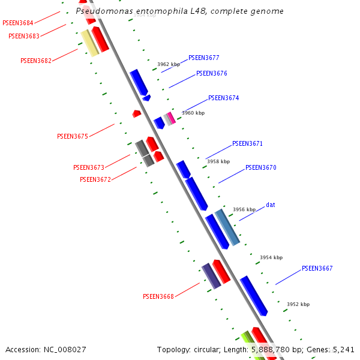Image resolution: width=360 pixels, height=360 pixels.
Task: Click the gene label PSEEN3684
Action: point(17,23)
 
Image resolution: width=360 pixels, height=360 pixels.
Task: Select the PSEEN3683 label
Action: point(23,36)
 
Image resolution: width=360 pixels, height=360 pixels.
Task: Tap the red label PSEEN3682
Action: point(35,61)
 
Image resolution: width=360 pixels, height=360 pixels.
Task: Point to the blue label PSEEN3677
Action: point(203,58)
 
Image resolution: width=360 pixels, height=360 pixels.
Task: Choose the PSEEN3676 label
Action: point(211,73)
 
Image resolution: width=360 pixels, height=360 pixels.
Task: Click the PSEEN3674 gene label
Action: point(223,98)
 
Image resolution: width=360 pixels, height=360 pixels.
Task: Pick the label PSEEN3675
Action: point(72,136)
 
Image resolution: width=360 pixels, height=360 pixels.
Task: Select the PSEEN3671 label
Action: point(247,144)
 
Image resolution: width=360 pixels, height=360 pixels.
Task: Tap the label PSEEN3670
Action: point(260,168)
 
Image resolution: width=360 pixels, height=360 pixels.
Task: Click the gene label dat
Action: point(270,205)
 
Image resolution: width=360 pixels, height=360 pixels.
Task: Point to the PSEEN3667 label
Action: point(317,268)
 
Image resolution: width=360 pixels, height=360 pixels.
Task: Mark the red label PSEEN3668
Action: point(158,296)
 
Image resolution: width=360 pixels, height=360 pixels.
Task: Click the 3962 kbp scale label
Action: point(168,64)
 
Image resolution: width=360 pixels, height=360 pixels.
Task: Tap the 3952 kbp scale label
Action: point(298,304)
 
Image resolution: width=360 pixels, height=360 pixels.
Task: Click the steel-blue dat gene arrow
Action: point(227,227)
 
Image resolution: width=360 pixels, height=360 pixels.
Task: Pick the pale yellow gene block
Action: point(89,43)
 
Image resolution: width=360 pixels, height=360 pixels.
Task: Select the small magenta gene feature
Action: point(172,118)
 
